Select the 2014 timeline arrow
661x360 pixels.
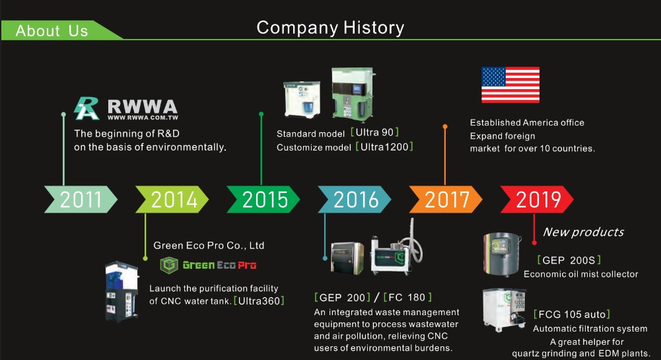172,199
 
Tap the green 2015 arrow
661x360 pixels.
263,199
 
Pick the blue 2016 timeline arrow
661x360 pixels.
355,199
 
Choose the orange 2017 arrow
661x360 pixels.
446,199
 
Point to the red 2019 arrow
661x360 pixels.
537,199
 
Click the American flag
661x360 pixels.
510,85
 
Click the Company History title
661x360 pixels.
330,28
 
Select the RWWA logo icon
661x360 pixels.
87,109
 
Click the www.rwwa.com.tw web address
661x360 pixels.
143,118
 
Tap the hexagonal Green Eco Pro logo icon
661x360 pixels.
169,265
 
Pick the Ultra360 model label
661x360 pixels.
259,301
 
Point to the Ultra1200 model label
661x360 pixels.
384,147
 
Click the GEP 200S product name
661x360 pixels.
569,260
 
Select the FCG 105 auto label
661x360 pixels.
572,314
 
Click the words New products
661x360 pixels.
584,232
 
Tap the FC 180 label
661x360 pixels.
407,297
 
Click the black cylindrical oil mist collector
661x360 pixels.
502,254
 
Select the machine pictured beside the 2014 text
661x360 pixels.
122,292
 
